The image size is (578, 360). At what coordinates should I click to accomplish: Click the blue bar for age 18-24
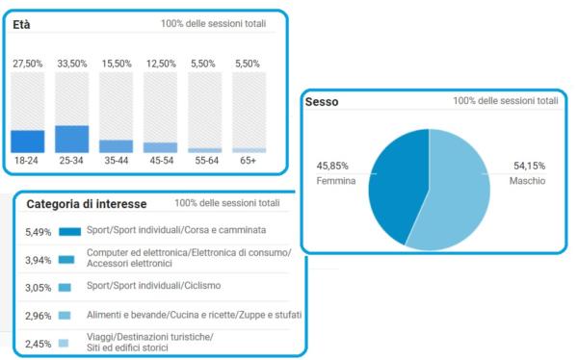click(28, 141)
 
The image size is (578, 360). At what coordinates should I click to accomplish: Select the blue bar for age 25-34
click(72, 139)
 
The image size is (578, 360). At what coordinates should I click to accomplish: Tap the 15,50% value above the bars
click(117, 64)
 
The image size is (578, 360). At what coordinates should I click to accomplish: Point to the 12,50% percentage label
click(161, 64)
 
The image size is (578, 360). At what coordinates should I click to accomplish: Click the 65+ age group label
click(248, 161)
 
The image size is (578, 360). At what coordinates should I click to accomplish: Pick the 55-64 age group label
click(206, 161)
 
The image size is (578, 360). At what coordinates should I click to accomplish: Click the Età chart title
click(21, 25)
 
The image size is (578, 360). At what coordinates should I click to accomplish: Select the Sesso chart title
click(322, 102)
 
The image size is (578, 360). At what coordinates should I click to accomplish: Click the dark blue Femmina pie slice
click(396, 184)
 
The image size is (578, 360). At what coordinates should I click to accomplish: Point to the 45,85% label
click(332, 166)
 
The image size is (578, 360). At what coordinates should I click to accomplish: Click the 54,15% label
click(529, 166)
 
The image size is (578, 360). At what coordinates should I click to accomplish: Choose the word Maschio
click(527, 181)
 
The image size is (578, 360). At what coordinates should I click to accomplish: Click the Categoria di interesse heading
click(87, 204)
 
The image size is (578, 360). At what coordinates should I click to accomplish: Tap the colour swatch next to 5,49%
click(70, 231)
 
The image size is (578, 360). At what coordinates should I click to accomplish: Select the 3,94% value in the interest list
click(38, 260)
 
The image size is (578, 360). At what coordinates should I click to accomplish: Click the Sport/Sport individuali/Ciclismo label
click(154, 286)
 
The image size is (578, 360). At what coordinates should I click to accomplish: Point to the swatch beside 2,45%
click(64, 343)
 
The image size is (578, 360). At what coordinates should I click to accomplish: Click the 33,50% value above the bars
click(72, 64)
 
